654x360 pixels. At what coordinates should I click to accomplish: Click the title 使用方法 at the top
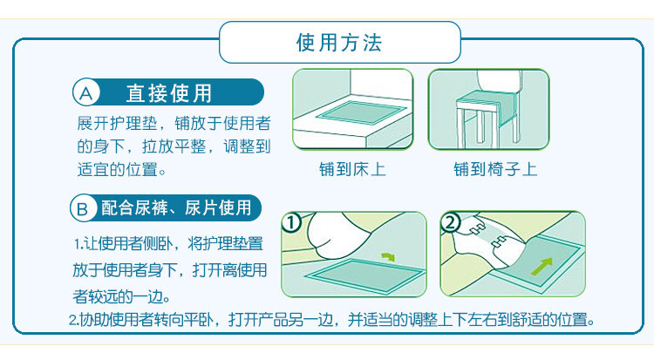pos(338,43)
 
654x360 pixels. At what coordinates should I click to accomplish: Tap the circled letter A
pos(86,92)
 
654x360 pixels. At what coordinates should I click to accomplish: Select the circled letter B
pos(83,208)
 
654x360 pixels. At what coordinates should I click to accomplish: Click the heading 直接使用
pos(169,93)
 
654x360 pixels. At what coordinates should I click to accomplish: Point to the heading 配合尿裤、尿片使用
pos(176,207)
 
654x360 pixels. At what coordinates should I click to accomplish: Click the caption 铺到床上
pos(352,169)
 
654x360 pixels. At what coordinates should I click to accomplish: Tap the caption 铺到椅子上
pos(495,169)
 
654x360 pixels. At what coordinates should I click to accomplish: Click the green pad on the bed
pos(361,112)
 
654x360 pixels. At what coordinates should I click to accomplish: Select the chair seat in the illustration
pos(484,101)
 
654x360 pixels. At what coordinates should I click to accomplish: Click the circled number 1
pos(291,222)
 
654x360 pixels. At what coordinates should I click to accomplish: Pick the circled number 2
pos(450,222)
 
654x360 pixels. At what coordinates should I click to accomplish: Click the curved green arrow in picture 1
pos(388,255)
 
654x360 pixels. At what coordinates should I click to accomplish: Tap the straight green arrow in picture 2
pos(542,266)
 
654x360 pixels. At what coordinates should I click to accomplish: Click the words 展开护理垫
pos(117,124)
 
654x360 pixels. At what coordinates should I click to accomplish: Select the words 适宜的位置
pos(117,170)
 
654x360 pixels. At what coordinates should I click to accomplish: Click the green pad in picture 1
pos(365,275)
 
